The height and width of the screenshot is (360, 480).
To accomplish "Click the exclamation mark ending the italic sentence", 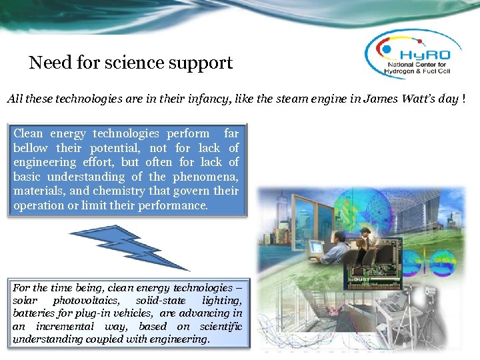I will [x=463, y=99].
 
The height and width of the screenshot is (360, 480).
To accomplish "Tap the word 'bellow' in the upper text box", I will [x=31, y=147].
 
